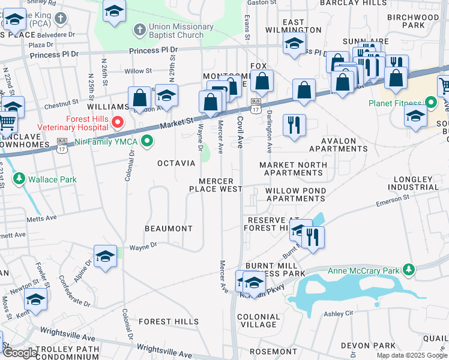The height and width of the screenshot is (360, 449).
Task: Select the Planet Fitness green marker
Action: click(x=430, y=103)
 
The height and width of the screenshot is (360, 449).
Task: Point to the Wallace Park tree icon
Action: click(x=19, y=179)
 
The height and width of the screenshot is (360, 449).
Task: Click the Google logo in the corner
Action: click(x=19, y=353)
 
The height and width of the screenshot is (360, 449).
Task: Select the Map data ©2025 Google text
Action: click(x=411, y=355)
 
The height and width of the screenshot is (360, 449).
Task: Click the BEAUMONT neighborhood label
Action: click(x=169, y=229)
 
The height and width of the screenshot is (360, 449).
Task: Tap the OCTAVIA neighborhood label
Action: click(x=176, y=163)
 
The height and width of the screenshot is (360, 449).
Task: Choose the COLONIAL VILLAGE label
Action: click(x=259, y=320)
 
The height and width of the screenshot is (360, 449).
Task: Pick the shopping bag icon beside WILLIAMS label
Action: click(x=139, y=97)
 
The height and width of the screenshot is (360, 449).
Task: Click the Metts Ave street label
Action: click(x=43, y=217)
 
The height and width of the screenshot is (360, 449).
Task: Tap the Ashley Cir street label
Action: click(x=339, y=313)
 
